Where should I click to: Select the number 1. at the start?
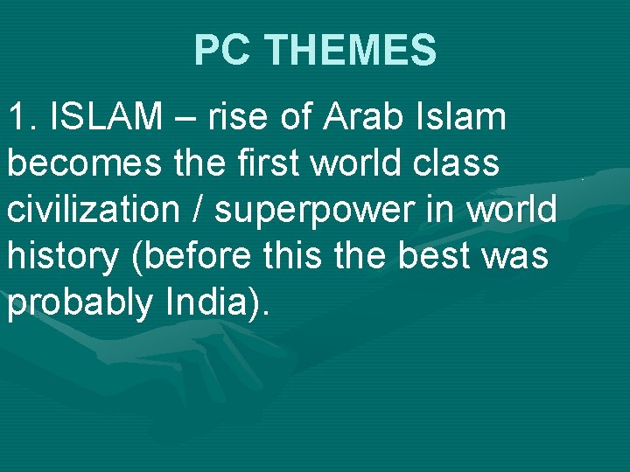24,117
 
